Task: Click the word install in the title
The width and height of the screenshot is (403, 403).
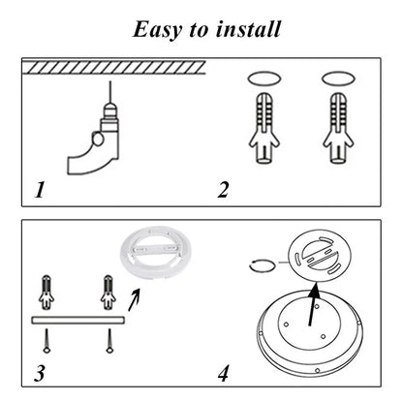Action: [x=246, y=28]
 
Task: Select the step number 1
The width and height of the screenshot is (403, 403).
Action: [x=39, y=189]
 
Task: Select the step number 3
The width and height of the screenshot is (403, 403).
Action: [x=39, y=372]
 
